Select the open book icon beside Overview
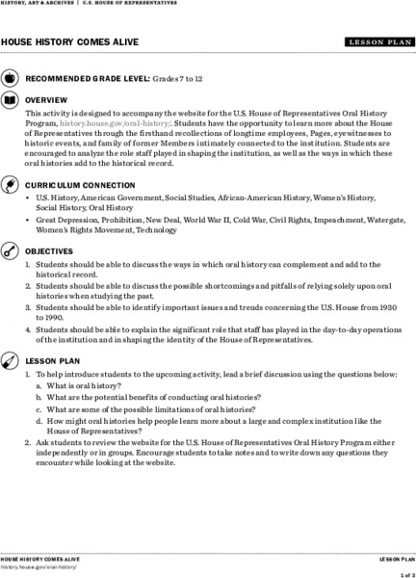(x=10, y=99)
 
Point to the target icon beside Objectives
(x=10, y=250)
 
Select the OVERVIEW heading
(x=46, y=100)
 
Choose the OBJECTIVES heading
(x=50, y=250)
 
